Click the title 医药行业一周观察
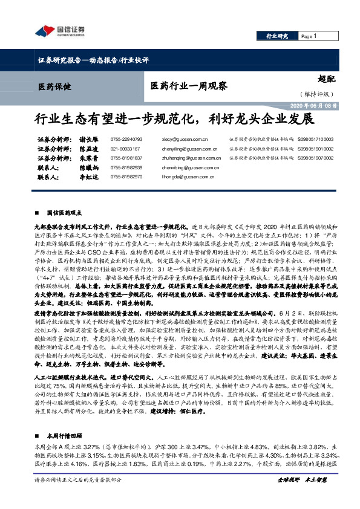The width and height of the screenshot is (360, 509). pos(188,86)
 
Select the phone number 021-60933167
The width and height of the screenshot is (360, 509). pos(125,149)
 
